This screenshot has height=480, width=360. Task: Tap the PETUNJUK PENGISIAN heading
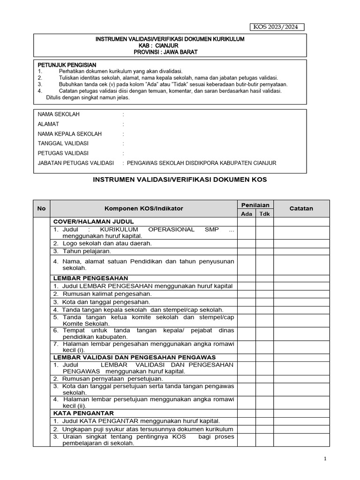coord(67,65)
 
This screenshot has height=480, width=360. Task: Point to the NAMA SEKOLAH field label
coord(59,114)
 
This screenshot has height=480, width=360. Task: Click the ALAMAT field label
coord(48,124)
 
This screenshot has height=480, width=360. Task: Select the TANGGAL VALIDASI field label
coord(63,143)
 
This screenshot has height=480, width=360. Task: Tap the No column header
coord(41,209)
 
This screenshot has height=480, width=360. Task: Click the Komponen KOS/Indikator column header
coord(143,209)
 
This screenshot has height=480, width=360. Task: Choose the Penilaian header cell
coord(255,205)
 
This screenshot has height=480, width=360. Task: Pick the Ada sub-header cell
coord(246,214)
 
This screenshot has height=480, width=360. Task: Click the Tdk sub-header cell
coord(264,214)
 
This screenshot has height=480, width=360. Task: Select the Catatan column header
coord(301,209)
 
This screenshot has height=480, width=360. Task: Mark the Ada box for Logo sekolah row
coord(246,243)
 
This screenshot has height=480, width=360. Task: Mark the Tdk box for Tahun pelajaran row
coord(264,251)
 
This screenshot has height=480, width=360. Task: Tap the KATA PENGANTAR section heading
coord(83,413)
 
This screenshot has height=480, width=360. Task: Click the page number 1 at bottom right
coord(325,459)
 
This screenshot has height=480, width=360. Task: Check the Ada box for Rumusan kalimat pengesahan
coord(246,294)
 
